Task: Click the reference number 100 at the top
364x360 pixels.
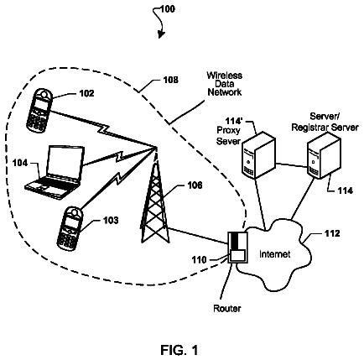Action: (x=168, y=9)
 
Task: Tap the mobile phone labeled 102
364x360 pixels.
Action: (x=39, y=111)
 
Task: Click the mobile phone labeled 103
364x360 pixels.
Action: (x=70, y=228)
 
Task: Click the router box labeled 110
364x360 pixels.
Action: (x=237, y=247)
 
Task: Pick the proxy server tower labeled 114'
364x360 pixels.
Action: (x=258, y=155)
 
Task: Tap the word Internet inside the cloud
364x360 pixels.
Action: (x=274, y=254)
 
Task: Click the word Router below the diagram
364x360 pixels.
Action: (x=227, y=309)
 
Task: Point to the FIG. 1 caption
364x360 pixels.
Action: (x=179, y=350)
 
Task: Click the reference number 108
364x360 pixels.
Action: (x=170, y=80)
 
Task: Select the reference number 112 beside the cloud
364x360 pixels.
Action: (x=332, y=233)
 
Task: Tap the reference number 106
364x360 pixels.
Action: (x=195, y=185)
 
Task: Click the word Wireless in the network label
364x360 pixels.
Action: (x=225, y=76)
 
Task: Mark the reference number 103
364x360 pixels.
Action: (x=111, y=221)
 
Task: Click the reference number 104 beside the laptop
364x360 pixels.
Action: (x=20, y=163)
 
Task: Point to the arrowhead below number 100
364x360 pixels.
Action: (x=161, y=34)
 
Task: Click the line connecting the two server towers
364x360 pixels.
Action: (x=292, y=164)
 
